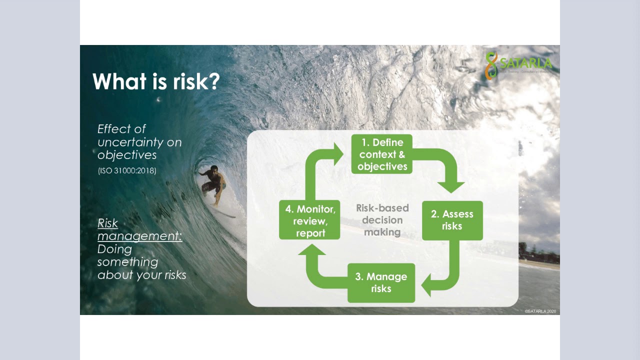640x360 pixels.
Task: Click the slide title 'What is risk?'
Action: click(x=156, y=81)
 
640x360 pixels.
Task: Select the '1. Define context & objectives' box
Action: click(x=382, y=154)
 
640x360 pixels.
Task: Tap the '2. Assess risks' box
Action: click(x=452, y=220)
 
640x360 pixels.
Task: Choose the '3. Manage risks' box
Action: click(x=381, y=282)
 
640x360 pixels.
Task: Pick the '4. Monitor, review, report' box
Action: click(x=310, y=220)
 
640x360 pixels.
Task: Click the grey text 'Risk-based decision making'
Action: click(x=382, y=220)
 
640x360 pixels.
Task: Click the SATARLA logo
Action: click(x=518, y=65)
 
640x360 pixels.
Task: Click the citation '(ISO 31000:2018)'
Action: click(x=127, y=170)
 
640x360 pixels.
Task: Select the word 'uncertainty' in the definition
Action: click(x=139, y=142)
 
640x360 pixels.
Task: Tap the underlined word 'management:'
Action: click(x=139, y=236)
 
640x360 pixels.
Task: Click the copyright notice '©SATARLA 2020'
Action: click(x=540, y=311)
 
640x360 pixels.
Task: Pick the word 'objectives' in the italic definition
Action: click(x=127, y=155)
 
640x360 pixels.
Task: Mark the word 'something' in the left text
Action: click(x=127, y=262)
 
